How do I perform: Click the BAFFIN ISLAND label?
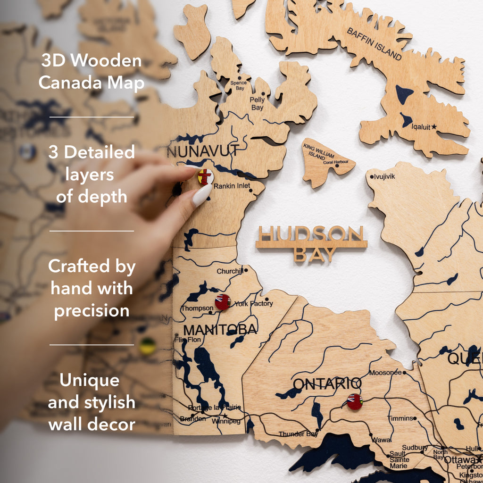pyautogui.click(x=375, y=44)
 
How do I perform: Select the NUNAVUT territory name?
pyautogui.click(x=203, y=152)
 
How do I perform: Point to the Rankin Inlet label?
pyautogui.click(x=232, y=186)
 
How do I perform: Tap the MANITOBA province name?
pyautogui.click(x=220, y=329)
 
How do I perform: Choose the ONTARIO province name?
pyautogui.click(x=327, y=383)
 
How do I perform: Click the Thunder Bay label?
pyautogui.click(x=298, y=434)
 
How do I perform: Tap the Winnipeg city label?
pyautogui.click(x=226, y=421)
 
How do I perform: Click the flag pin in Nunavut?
pyautogui.click(x=205, y=177)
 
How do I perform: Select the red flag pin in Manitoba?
pyautogui.click(x=223, y=302)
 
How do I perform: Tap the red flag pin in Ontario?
pyautogui.click(x=354, y=401)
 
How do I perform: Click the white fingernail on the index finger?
pyautogui.click(x=202, y=195)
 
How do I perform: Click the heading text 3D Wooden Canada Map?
pyautogui.click(x=91, y=72)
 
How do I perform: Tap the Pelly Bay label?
pyautogui.click(x=257, y=104)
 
